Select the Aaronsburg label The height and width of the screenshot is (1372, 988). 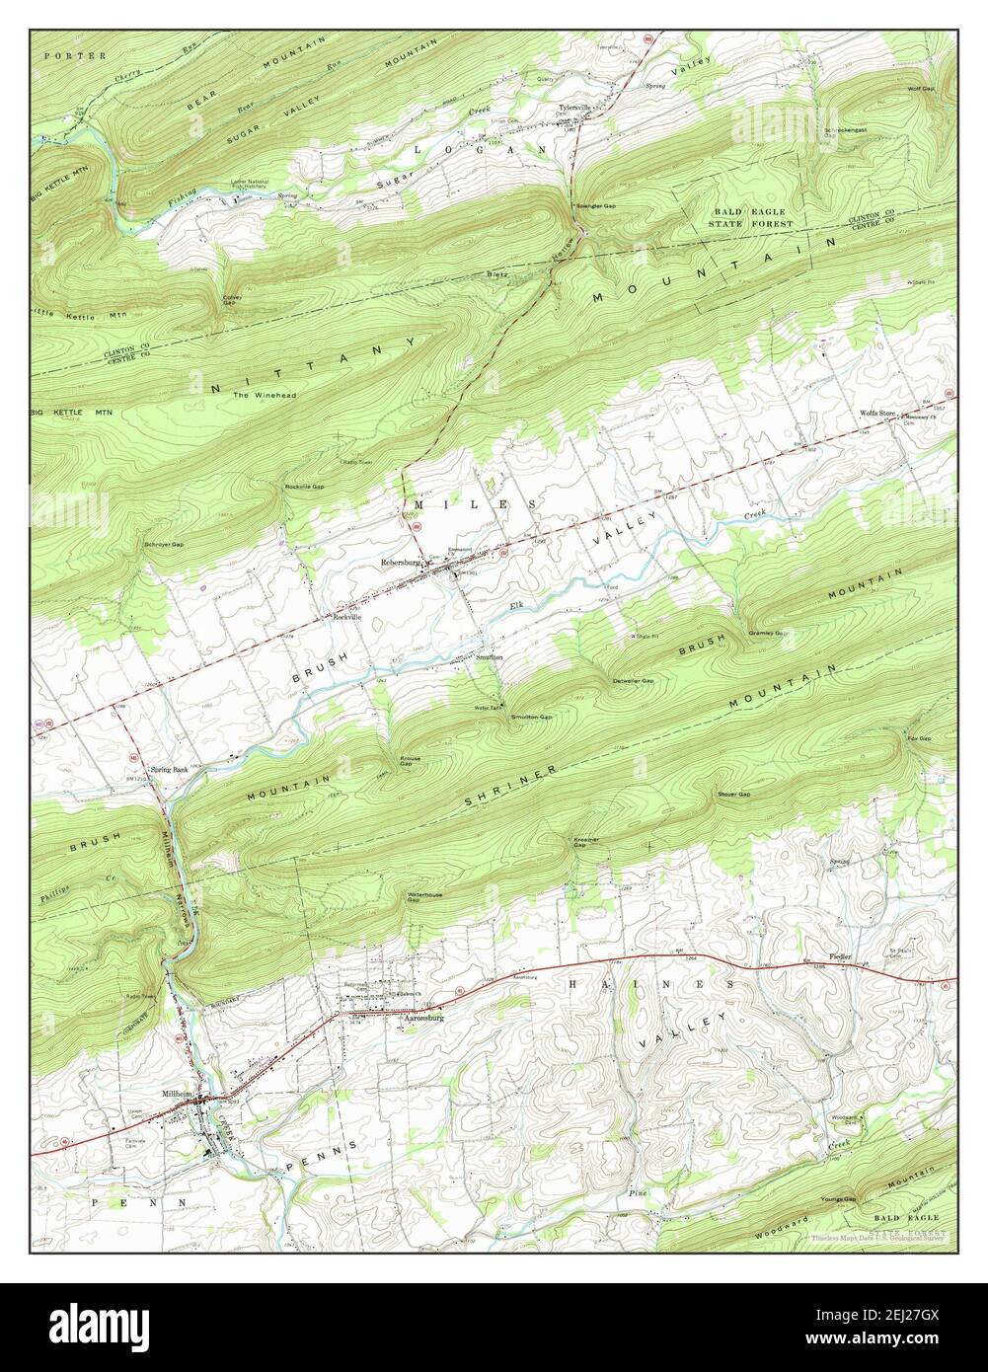click(x=427, y=1024)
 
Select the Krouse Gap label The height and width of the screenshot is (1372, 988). click(x=411, y=761)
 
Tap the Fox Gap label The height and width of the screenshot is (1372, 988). click(x=919, y=737)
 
